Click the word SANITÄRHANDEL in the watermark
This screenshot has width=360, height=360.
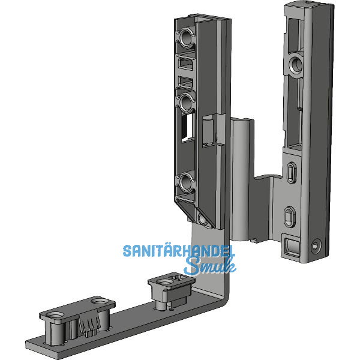coord(179,251)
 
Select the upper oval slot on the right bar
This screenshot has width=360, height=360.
coord(292,172)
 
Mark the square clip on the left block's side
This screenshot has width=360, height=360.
coord(209,130)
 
